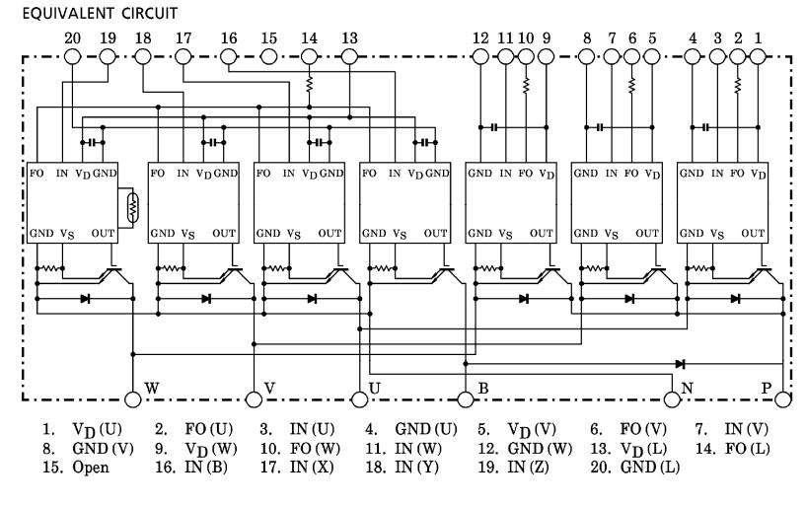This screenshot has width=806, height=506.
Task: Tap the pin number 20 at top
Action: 71,38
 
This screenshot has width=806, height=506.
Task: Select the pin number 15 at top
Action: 269,38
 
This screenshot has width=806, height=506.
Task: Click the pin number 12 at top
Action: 480,38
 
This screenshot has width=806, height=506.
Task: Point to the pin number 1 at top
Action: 759,38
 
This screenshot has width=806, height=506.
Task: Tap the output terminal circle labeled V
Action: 254,398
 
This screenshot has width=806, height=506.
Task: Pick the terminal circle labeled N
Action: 673,398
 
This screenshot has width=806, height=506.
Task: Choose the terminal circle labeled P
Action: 783,398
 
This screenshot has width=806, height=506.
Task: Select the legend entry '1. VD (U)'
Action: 68,430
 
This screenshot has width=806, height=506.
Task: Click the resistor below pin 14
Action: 310,87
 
